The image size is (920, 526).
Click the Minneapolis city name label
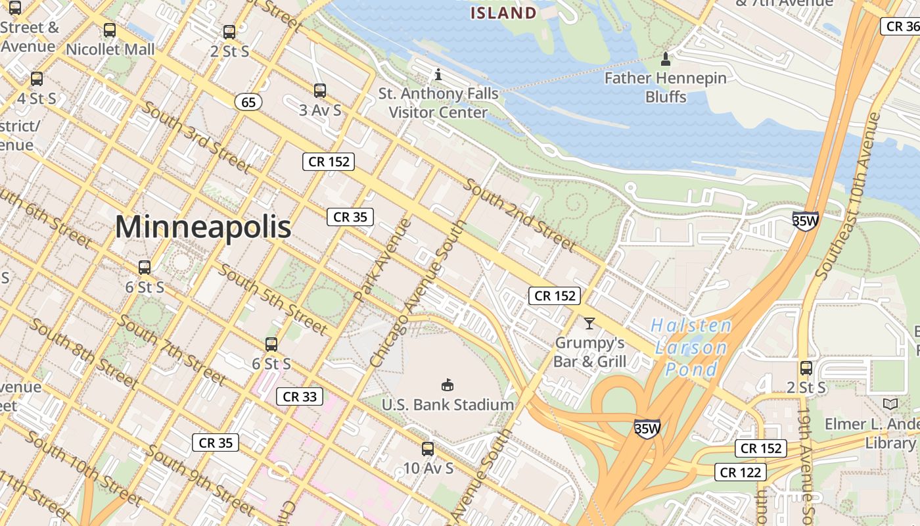point(203,227)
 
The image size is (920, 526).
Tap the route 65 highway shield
point(248,102)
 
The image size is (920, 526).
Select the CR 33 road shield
point(300,396)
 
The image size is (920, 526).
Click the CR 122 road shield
point(741,472)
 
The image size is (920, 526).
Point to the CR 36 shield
point(900,26)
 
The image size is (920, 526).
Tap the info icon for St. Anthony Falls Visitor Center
point(438,74)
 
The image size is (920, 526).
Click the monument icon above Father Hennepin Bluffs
point(666,59)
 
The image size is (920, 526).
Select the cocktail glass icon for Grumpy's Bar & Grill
point(589,323)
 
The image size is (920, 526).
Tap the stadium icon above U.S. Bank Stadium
point(448,385)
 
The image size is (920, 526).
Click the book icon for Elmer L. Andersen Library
point(890,404)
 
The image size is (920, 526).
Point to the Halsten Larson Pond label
point(691,347)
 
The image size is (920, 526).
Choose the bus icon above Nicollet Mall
point(110,30)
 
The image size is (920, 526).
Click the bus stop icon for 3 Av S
point(320,91)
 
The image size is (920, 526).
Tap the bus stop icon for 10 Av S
point(428,449)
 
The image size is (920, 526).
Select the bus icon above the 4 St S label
point(37,79)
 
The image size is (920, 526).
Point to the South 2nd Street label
point(520,214)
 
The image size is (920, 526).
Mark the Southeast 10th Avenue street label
point(848,195)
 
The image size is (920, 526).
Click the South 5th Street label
point(273,298)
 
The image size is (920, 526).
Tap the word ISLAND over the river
point(504,12)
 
